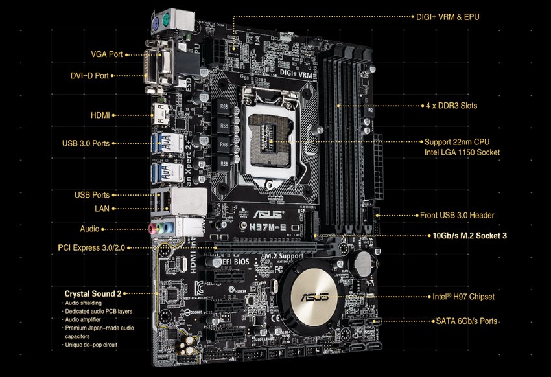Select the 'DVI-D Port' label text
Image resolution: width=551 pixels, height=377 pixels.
[91, 76]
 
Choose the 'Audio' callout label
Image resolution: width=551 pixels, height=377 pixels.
[89, 229]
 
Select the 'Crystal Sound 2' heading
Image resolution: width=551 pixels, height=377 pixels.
[93, 293]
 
